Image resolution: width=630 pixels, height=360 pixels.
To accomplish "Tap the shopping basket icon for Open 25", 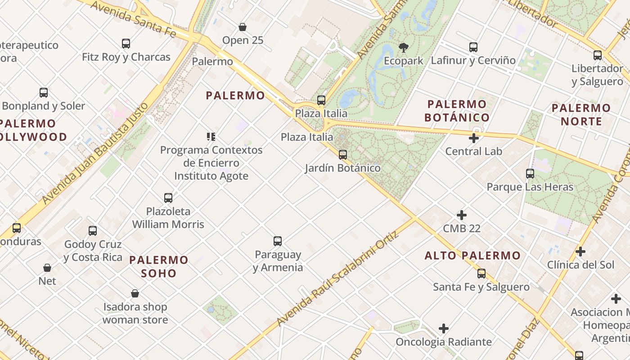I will coord(243,27).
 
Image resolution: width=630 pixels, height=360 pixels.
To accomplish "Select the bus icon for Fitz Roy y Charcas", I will coord(126,44).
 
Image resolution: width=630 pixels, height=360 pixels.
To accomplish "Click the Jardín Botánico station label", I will coord(342,168).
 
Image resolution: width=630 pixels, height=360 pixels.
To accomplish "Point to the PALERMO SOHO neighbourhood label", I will coord(159,266).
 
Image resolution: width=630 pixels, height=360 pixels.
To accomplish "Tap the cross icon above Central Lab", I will coord(474,138).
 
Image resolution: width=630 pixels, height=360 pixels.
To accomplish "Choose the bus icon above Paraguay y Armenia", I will coord(278,241).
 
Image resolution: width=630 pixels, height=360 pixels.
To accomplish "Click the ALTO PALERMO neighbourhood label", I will coord(472,256).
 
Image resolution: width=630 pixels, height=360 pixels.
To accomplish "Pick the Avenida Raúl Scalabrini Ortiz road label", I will coord(338,279).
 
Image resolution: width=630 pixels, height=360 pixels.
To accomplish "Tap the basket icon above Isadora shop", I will coord(135,294).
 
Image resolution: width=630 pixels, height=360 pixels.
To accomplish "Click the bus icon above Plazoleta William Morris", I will coord(168,198).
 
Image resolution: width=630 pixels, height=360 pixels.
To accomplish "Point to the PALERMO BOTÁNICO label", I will coord(457,111).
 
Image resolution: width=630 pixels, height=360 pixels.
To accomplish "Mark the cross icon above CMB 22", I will coord(462,215).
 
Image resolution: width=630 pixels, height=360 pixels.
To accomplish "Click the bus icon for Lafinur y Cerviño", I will coord(473,47).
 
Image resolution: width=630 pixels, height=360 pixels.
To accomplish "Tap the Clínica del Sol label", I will coord(580,265).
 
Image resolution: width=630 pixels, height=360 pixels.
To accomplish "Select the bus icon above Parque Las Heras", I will coord(530,173).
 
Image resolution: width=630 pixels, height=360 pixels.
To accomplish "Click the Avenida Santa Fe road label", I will coord(133,18).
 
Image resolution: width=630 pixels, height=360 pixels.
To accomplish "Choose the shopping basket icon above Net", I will coord(47,268).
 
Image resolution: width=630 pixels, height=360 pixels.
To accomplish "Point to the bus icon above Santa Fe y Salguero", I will coord(481,274).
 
